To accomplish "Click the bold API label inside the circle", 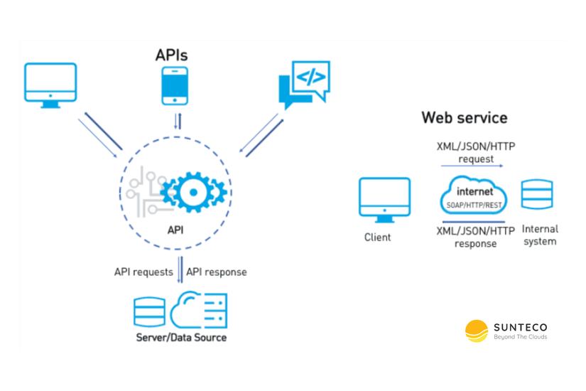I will (x=175, y=230).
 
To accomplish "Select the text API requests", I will (x=143, y=272).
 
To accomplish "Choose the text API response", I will (x=217, y=272).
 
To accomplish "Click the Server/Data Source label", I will (x=181, y=337).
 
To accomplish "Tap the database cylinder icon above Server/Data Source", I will (x=149, y=311).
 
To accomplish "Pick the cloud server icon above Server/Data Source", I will (x=200, y=309).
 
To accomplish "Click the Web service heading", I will (x=464, y=117).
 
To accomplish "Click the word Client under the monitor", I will (x=377, y=237).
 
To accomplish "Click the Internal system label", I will (x=540, y=235).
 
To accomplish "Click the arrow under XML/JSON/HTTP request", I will (x=472, y=166).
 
